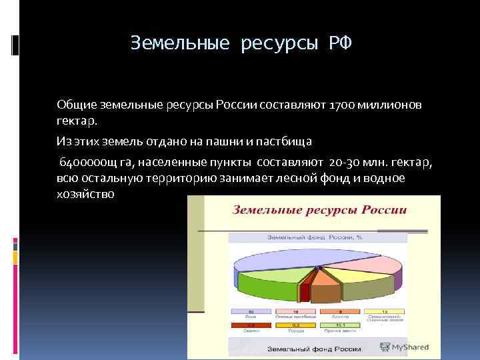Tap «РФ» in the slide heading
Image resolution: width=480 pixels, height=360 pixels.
coord(338,44)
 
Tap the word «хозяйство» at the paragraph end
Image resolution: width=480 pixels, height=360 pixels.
coord(85,194)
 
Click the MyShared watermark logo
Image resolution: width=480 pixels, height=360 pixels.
coord(403,347)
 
